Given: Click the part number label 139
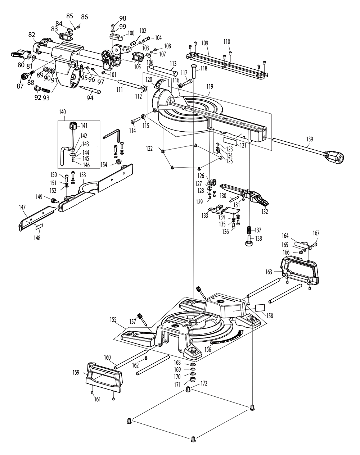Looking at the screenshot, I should tap(310, 139).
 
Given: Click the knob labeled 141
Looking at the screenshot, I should tap(73, 126).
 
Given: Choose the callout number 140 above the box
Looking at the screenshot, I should tap(62, 112).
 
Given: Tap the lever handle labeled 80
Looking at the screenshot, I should tap(20, 54).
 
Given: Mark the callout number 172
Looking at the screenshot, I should tap(204, 384).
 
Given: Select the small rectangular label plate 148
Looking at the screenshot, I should tap(39, 227).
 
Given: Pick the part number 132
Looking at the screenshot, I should tap(265, 212).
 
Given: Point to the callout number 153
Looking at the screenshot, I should tap(82, 175).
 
